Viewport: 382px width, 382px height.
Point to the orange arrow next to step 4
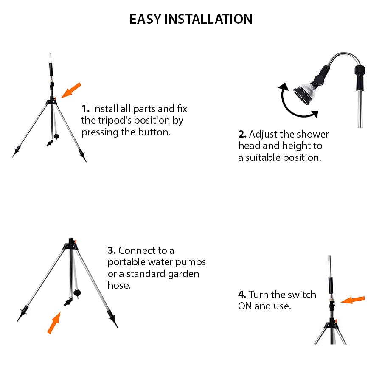pyautogui.click(x=353, y=300)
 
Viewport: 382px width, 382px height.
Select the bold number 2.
pyautogui.click(x=242, y=135)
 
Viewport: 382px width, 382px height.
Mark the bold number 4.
pyautogui.click(x=242, y=295)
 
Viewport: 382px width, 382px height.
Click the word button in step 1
pyautogui.click(x=154, y=132)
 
